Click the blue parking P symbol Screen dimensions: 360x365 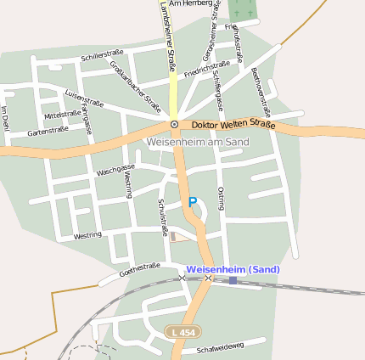[x=193, y=201]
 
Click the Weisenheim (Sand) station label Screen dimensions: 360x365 [x=231, y=269]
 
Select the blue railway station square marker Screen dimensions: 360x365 [x=233, y=280]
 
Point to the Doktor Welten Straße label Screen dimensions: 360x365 [x=233, y=125]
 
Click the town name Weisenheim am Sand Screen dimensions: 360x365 [x=197, y=141]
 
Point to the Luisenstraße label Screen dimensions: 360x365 [x=83, y=98]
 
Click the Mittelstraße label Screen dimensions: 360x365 [x=62, y=113]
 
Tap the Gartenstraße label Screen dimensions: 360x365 [x=48, y=131]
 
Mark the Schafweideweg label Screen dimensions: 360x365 [x=220, y=346]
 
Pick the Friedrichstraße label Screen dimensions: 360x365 [x=207, y=69]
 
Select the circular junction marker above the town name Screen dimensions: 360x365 [x=174, y=124]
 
